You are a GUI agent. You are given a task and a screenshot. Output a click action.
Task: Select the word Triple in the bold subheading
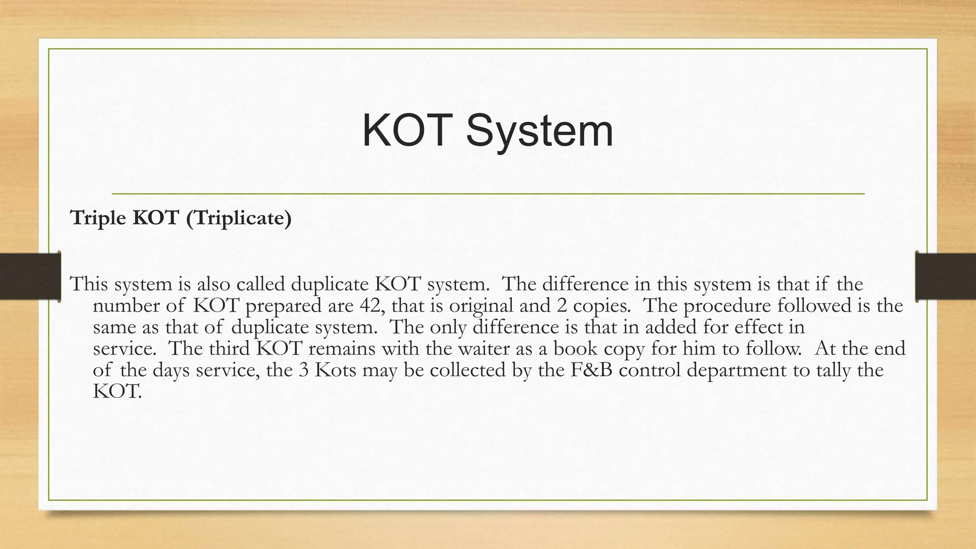point(98,218)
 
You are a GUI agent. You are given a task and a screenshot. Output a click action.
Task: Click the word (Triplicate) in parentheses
point(238,218)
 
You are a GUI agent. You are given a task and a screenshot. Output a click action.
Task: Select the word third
point(231,348)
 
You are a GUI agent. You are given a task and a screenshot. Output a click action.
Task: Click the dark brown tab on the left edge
point(30,276)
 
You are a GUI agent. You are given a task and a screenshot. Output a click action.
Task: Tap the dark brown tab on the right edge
point(945,276)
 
